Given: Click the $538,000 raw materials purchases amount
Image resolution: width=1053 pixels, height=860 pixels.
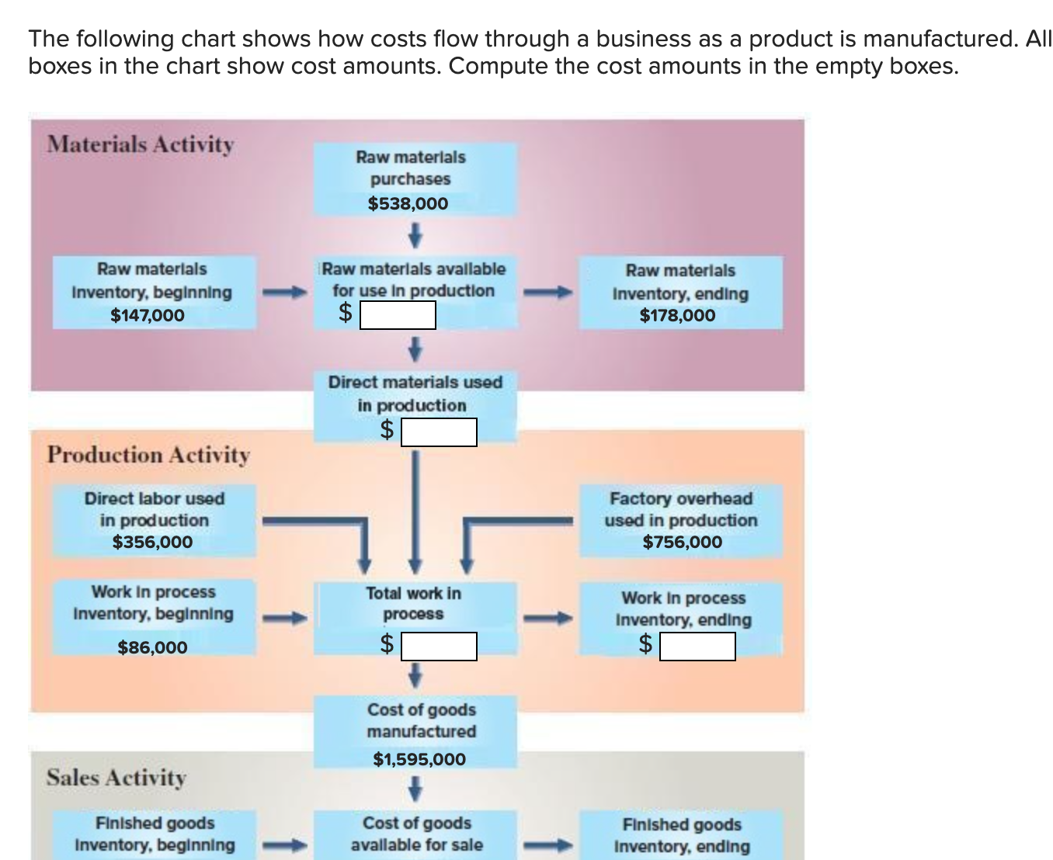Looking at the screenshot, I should pyautogui.click(x=408, y=203).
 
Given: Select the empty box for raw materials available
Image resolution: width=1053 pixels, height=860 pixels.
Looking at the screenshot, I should pyautogui.click(x=397, y=315).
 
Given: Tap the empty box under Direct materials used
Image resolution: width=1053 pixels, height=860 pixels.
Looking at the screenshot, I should pyautogui.click(x=439, y=432).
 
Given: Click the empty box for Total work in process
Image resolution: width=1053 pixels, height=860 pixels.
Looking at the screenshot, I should pyautogui.click(x=439, y=646).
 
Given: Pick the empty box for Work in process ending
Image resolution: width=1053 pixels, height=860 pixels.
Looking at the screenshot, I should pyautogui.click(x=697, y=646).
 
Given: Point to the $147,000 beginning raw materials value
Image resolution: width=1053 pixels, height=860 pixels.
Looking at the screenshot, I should pyautogui.click(x=148, y=315).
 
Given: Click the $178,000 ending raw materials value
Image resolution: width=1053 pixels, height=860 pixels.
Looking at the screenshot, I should pyautogui.click(x=677, y=315).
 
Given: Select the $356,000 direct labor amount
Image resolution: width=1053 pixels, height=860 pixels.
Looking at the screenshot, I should pyautogui.click(x=152, y=542).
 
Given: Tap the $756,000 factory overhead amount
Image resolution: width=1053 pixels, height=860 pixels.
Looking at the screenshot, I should pyautogui.click(x=682, y=542).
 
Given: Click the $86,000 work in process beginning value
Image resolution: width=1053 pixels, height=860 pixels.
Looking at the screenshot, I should pyautogui.click(x=152, y=647).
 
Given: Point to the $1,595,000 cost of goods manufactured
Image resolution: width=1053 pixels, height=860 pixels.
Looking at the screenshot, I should pyautogui.click(x=419, y=759).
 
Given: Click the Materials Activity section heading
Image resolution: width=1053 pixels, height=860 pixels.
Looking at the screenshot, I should pyautogui.click(x=141, y=144).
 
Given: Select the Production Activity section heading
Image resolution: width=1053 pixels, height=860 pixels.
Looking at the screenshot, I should pyautogui.click(x=148, y=455).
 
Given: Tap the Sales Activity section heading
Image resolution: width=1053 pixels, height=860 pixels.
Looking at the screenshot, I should pyautogui.click(x=116, y=777).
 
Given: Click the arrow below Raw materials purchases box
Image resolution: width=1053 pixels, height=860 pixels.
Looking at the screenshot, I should pyautogui.click(x=415, y=233).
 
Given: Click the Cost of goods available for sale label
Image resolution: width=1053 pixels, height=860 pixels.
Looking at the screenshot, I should pyautogui.click(x=416, y=834).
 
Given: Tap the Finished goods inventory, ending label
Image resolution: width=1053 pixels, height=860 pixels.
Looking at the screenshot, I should pyautogui.click(x=682, y=835).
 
